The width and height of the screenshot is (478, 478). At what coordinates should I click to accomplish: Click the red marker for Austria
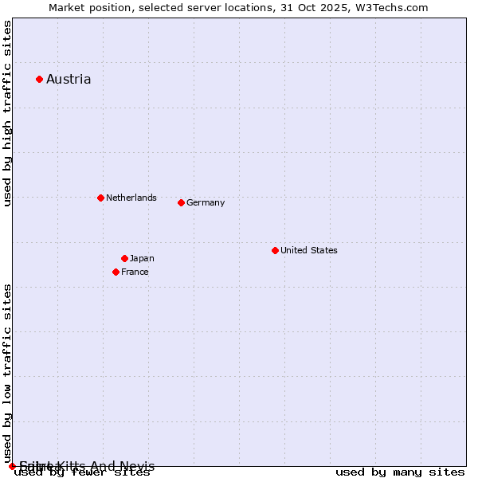point(39,79)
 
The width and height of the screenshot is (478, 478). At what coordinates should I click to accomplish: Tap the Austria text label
point(69,79)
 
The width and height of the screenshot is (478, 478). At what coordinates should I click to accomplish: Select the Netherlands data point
point(100,198)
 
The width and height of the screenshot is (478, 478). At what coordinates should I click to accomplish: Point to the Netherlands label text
point(131,198)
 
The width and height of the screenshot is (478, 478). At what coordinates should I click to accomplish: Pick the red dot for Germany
point(181,202)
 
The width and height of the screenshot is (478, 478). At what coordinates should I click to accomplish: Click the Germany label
point(206,202)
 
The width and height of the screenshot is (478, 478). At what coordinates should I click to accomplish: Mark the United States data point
point(275,250)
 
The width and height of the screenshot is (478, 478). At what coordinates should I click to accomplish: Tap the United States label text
point(309,250)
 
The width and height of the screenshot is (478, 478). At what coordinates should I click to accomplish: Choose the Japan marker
point(124,258)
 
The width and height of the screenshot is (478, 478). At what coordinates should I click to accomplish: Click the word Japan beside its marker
point(142,258)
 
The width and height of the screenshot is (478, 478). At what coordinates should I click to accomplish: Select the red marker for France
point(116,272)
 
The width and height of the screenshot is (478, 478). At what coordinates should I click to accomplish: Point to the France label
point(135,272)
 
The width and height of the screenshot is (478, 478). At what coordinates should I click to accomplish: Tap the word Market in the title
point(67,7)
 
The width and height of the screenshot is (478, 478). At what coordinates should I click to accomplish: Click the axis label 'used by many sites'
point(400,472)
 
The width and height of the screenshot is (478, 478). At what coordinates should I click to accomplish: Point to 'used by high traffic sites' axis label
point(7,113)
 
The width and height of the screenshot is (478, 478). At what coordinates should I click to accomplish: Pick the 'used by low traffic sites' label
point(7,373)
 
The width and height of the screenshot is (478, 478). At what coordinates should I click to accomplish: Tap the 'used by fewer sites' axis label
point(82,472)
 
